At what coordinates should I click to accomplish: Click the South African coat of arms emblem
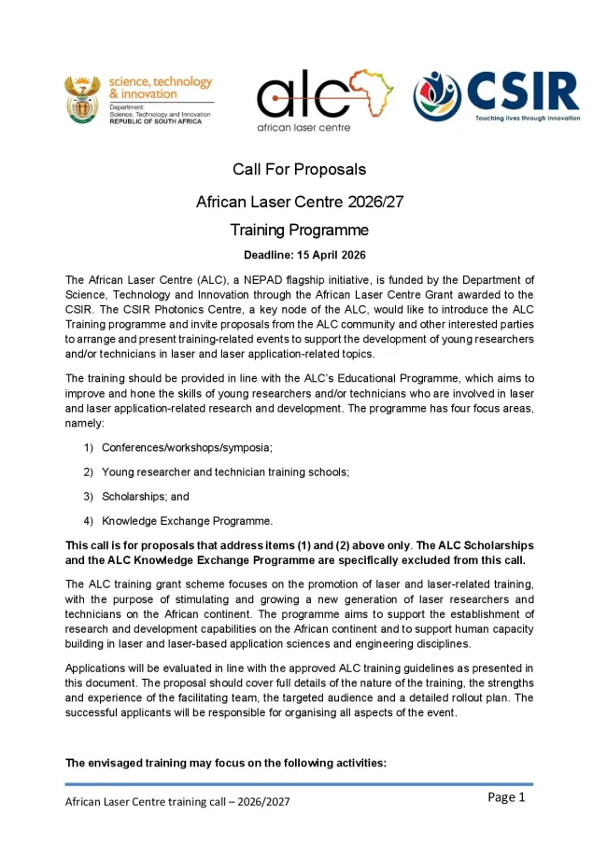tap(81, 101)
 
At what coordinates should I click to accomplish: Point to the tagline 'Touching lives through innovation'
tap(528, 119)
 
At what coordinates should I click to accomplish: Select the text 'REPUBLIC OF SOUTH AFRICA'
tap(156, 121)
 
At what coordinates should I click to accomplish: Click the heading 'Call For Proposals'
tap(299, 169)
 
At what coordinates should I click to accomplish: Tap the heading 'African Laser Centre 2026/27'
tap(299, 201)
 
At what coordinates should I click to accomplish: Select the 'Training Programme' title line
tap(299, 230)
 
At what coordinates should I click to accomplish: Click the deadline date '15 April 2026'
tap(332, 255)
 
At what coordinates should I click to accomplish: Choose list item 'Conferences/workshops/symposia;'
tap(187, 447)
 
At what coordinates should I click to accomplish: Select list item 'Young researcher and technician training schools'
tap(225, 471)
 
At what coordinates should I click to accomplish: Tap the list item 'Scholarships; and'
tap(145, 496)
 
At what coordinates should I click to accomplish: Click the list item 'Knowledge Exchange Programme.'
tap(187, 520)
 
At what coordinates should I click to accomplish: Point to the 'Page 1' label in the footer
tap(507, 796)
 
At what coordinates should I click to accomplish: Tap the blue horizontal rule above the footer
tap(299, 784)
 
